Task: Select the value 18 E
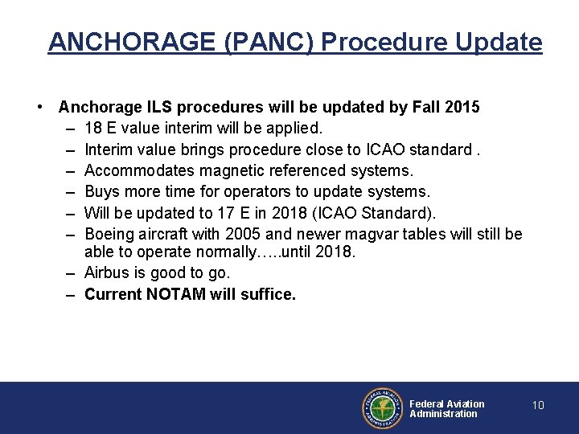tap(102, 128)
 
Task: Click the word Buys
tap(101, 191)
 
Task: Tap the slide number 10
tap(538, 406)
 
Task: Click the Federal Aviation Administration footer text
tap(446, 408)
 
